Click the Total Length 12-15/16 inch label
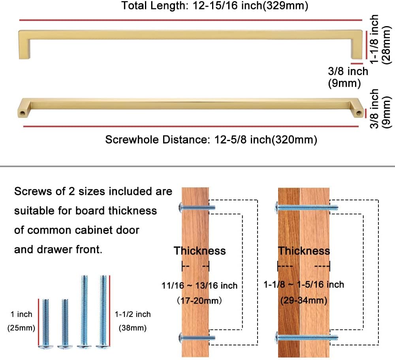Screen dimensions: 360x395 [214, 6]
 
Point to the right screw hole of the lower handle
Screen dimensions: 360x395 [359, 113]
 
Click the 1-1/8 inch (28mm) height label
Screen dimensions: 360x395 [380, 39]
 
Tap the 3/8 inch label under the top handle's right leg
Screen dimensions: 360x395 [348, 72]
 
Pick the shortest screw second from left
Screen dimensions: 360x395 [65, 324]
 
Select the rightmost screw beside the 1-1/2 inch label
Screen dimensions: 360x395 [103, 312]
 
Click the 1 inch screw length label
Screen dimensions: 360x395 [21, 315]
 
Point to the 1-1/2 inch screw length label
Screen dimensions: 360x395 [133, 315]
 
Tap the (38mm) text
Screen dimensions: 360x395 [133, 328]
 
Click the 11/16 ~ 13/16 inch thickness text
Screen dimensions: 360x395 [199, 285]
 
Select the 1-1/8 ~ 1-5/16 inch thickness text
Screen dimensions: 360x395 [304, 285]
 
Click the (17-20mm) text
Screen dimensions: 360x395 [199, 300]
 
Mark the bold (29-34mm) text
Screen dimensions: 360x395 [303, 300]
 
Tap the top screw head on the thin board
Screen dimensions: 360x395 [182, 207]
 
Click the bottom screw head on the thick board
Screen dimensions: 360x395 [277, 337]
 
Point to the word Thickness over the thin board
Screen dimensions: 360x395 [199, 251]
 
